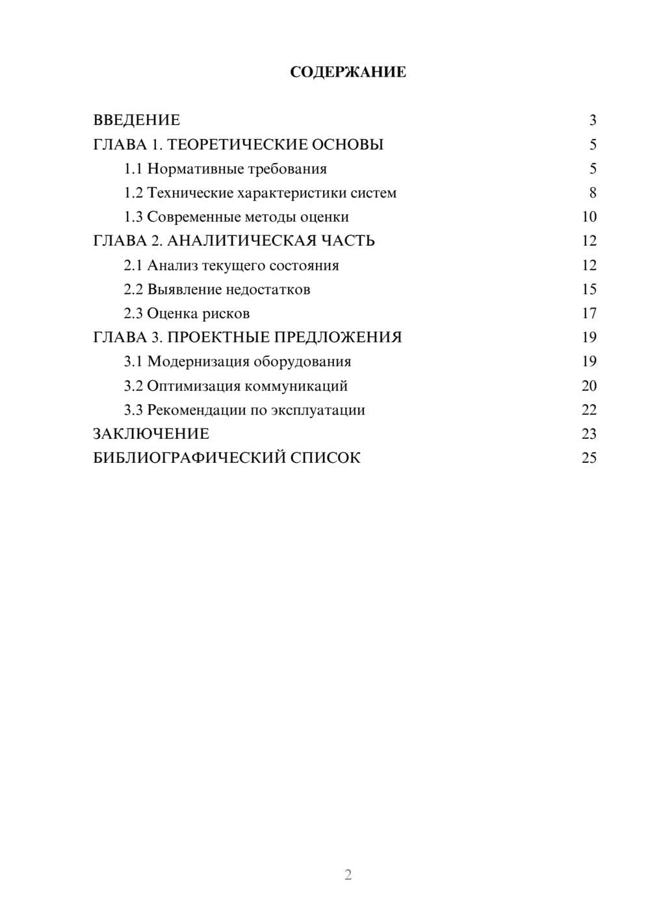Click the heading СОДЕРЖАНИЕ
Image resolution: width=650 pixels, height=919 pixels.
[348, 72]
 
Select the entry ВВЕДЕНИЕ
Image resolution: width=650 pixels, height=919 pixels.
[136, 120]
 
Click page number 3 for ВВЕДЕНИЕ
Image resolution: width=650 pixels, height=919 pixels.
[592, 120]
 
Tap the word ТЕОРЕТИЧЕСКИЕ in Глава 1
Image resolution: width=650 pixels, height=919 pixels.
[237, 144]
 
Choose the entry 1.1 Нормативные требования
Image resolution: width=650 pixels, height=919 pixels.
[225, 169]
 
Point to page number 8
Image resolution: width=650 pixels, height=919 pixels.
[592, 193]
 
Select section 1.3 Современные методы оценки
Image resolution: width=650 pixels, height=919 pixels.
[236, 217]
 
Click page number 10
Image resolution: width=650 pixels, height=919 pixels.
[589, 217]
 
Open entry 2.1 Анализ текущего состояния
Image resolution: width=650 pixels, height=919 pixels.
[231, 265]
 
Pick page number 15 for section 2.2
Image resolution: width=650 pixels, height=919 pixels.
[589, 289]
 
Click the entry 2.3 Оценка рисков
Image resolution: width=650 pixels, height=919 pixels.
[187, 313]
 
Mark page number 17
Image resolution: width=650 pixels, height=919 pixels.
[589, 313]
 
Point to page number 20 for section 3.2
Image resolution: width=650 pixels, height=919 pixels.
[589, 386]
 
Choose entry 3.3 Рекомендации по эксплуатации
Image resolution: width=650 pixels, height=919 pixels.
[244, 410]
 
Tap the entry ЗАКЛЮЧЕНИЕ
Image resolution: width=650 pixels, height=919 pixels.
[151, 434]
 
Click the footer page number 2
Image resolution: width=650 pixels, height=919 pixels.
[348, 875]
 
